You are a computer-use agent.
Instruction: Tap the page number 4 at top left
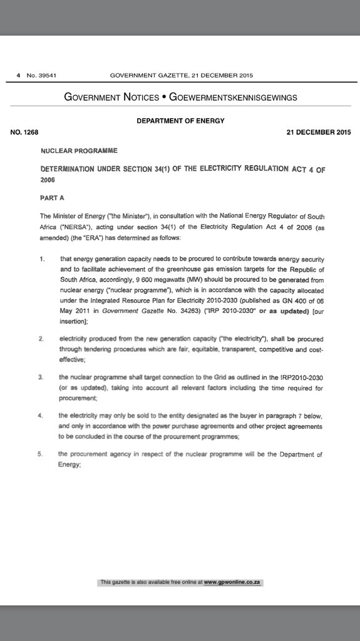[x=19, y=76]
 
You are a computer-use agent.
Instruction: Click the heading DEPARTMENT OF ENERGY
[x=180, y=121]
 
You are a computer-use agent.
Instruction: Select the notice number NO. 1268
[x=24, y=132]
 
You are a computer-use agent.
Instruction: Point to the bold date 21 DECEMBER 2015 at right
[x=317, y=132]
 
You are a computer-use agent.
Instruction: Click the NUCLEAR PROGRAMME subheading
[x=78, y=151]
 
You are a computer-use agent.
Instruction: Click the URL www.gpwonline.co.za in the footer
[x=232, y=582]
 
